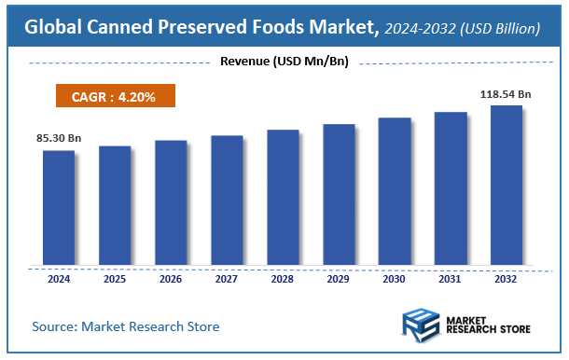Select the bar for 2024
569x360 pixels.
click(x=59, y=207)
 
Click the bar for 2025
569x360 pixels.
click(x=115, y=204)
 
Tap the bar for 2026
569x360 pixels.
click(x=171, y=201)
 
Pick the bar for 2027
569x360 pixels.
click(x=227, y=200)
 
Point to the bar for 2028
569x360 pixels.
click(x=283, y=197)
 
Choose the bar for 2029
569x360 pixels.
click(x=339, y=193)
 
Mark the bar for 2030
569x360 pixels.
click(x=395, y=190)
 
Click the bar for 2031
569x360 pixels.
click(x=451, y=187)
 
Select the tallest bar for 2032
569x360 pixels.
click(x=507, y=185)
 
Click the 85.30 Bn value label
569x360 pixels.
click(x=59, y=139)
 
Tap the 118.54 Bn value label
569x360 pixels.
click(x=507, y=94)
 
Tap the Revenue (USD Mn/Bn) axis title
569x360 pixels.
click(x=284, y=62)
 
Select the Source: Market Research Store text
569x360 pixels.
click(x=126, y=326)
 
